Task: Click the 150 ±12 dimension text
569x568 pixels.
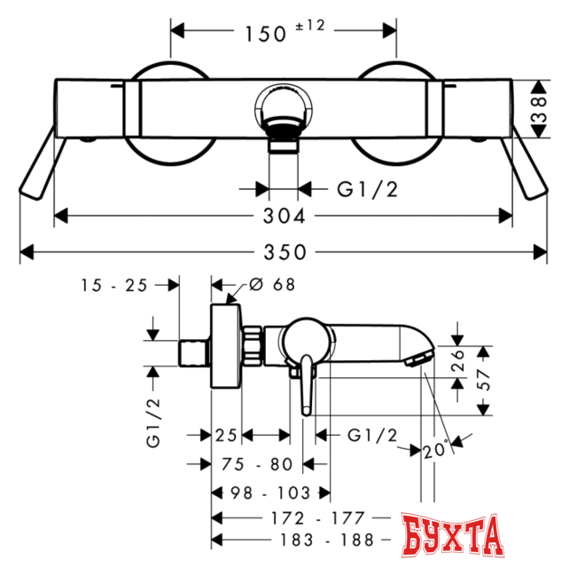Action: [x=284, y=31]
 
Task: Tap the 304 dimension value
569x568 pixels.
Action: [x=284, y=217]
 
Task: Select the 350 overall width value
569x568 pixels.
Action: [x=284, y=252]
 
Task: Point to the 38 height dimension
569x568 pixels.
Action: [x=540, y=108]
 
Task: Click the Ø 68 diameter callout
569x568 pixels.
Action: [x=272, y=285]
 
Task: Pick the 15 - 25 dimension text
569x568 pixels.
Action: [x=114, y=285]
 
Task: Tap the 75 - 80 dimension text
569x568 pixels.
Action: [x=257, y=464]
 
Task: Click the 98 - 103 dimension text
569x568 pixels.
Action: [x=270, y=493]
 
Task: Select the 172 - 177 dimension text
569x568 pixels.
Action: [x=317, y=518]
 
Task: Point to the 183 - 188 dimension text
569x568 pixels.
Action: [x=327, y=540]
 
